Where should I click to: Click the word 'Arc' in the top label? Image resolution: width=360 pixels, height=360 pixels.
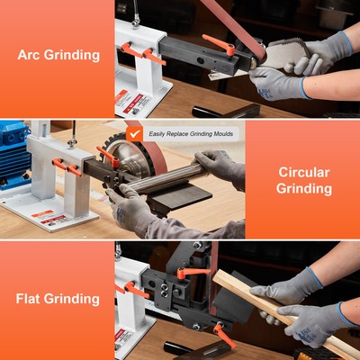[x=31, y=55]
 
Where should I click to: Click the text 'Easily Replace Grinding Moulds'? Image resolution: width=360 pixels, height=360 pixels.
[x=190, y=133]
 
